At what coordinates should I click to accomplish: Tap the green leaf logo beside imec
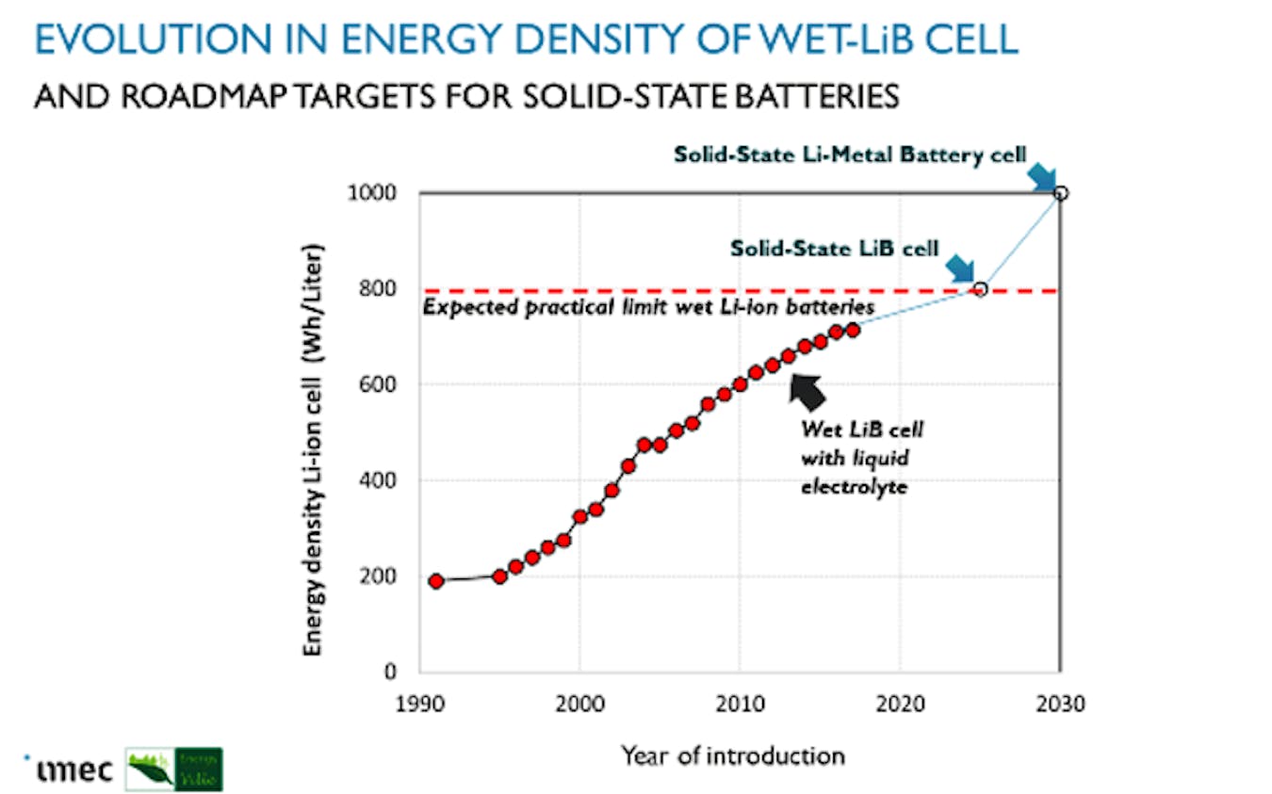174,769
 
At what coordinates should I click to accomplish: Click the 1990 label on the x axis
420,705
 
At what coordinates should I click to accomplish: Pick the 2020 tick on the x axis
899,705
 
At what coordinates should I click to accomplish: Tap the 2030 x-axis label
1059,705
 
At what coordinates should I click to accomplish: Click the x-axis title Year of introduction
732,755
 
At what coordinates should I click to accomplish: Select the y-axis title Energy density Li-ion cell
314,451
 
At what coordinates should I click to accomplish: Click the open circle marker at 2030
1061,193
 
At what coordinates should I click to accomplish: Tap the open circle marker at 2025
980,289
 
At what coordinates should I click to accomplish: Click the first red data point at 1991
436,581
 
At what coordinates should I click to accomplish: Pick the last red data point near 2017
853,330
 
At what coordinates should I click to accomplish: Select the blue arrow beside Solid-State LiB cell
960,267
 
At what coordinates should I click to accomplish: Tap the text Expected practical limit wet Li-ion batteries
649,307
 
